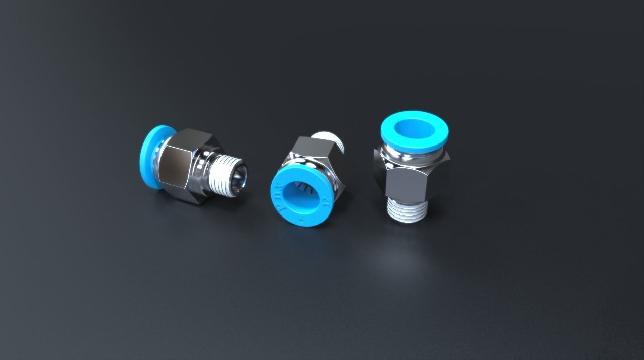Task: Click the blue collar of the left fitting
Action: pyautogui.click(x=150, y=157)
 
